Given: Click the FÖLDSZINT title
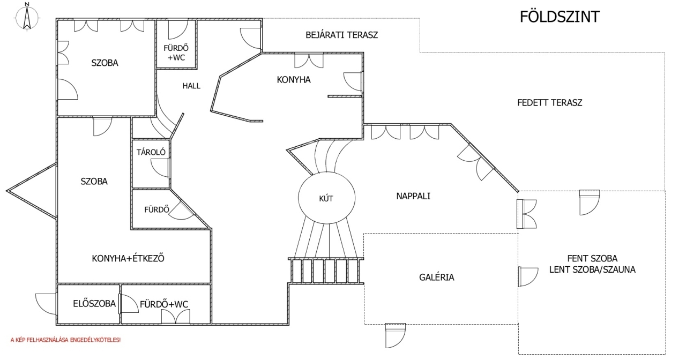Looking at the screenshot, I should click(x=560, y=17).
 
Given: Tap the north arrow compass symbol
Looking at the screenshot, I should click(x=26, y=17).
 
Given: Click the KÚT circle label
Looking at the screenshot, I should click(x=326, y=198).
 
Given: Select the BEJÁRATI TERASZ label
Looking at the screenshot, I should click(x=341, y=35).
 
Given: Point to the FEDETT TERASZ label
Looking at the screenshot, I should click(x=549, y=103).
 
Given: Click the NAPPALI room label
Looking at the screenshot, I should click(x=413, y=196).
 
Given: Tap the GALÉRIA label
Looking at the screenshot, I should click(x=436, y=277).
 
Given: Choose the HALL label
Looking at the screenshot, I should click(x=191, y=86).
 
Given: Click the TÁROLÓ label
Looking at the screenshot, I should click(x=151, y=152).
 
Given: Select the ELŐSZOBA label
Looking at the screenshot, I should click(x=94, y=304).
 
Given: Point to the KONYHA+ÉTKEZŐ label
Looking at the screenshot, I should click(x=128, y=258).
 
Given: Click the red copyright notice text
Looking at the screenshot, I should click(x=65, y=340).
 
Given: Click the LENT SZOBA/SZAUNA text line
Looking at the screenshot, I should click(x=592, y=269).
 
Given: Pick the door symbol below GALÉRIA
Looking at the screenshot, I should click(x=396, y=334).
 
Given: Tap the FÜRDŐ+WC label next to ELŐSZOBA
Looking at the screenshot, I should click(x=164, y=304).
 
